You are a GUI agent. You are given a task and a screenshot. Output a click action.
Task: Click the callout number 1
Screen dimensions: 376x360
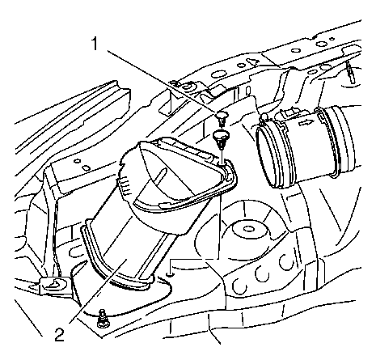95,44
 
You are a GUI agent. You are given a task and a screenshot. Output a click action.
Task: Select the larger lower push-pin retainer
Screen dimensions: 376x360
221,138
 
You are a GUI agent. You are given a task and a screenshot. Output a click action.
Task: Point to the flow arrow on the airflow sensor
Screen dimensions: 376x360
306,124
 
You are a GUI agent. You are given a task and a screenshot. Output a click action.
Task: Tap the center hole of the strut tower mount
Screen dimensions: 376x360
247,229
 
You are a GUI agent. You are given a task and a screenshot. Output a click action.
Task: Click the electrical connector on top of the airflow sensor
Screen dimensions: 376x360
288,113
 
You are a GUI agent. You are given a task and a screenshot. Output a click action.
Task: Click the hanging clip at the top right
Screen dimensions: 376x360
350,71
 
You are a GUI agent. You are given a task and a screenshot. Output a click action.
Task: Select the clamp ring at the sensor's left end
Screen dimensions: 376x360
268,156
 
